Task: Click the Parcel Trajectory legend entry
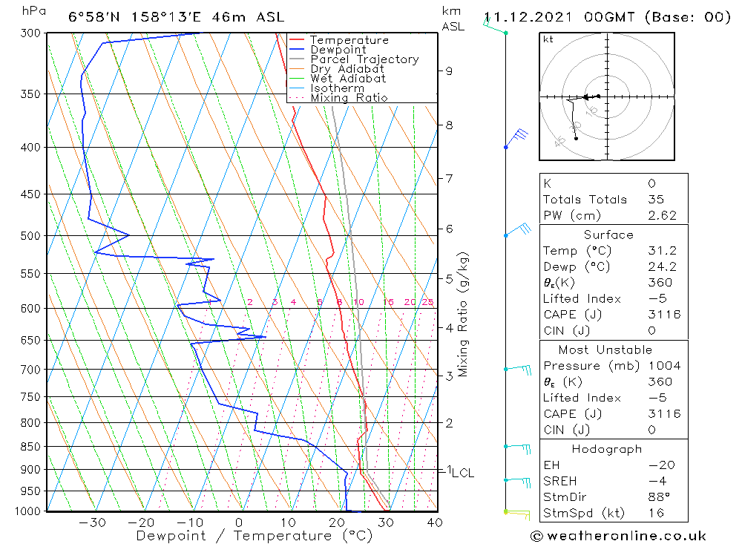364,59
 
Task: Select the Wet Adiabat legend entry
348,79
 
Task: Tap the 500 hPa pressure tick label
31,236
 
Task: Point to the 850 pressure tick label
31,447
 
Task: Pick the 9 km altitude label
449,71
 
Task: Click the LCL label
463,473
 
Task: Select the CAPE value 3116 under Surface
663,315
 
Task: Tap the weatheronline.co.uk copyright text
618,536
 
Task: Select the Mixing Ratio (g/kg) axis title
463,314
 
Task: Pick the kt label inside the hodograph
548,39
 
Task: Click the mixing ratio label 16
388,302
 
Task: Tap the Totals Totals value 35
655,200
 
